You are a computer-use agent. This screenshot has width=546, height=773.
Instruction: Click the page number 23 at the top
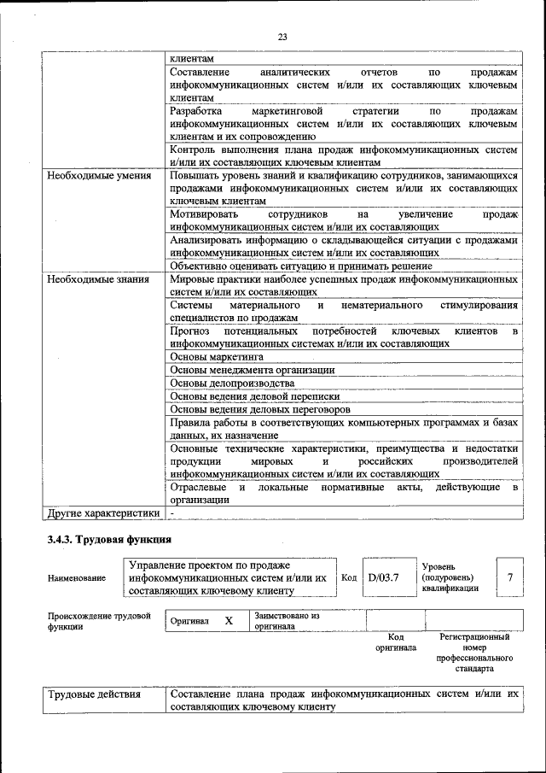coord(282,36)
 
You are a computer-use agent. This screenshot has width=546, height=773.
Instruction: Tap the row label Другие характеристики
coord(103,513)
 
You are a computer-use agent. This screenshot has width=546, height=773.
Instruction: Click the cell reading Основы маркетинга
coord(217,356)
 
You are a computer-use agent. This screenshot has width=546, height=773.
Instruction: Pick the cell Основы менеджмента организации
coord(252,370)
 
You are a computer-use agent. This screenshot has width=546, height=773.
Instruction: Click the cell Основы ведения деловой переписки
coord(254,396)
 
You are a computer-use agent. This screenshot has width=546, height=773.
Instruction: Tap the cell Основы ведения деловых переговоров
coord(260,409)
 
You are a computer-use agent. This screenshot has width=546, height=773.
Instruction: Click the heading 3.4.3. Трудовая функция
coord(109,539)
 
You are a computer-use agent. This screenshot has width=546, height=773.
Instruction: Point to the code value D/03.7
coord(383,578)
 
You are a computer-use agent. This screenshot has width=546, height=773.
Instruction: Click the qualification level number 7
coord(509,578)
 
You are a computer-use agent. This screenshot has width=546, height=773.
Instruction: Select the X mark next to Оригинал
coord(229,621)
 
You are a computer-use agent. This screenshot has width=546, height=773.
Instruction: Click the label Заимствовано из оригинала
coord(287,621)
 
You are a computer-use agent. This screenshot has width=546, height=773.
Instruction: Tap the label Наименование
coord(77,578)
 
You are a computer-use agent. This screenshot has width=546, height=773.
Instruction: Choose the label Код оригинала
coord(395,642)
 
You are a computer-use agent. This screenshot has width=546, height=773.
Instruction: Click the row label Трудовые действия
coord(94,694)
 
